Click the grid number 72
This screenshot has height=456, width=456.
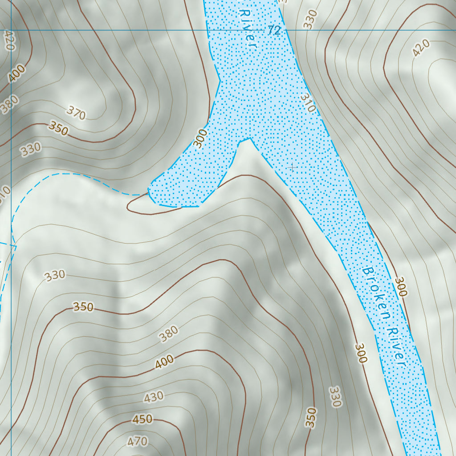point(274,31)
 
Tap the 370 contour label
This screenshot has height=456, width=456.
point(76,114)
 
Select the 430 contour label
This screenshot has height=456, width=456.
point(154,397)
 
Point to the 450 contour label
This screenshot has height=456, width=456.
point(142,419)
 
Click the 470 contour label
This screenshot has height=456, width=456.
point(137,441)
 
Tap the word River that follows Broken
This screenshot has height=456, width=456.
point(396,347)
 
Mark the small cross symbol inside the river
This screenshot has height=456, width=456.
point(292,167)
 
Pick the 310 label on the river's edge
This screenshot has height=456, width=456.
point(308,102)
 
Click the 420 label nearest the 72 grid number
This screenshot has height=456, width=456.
point(421,48)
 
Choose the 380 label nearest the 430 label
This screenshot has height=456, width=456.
point(169,334)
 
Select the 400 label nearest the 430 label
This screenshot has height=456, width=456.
point(164,363)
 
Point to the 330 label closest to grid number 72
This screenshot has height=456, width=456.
point(311,20)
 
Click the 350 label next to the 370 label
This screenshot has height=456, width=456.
point(59,129)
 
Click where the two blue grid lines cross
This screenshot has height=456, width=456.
point(11,30)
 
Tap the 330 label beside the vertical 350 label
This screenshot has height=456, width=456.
point(335,397)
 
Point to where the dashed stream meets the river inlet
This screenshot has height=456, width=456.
point(149,193)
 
